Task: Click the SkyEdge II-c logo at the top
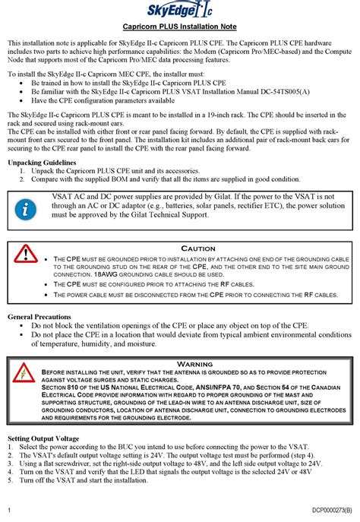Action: pos(180,10)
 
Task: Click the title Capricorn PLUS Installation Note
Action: pos(180,27)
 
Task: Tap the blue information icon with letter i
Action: pos(26,207)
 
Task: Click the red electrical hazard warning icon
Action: pos(25,372)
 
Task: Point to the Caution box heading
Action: pos(197,248)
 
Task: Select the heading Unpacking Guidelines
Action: pos(41,163)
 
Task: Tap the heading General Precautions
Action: pos(39,316)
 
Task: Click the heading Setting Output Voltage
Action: pos(43,438)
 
